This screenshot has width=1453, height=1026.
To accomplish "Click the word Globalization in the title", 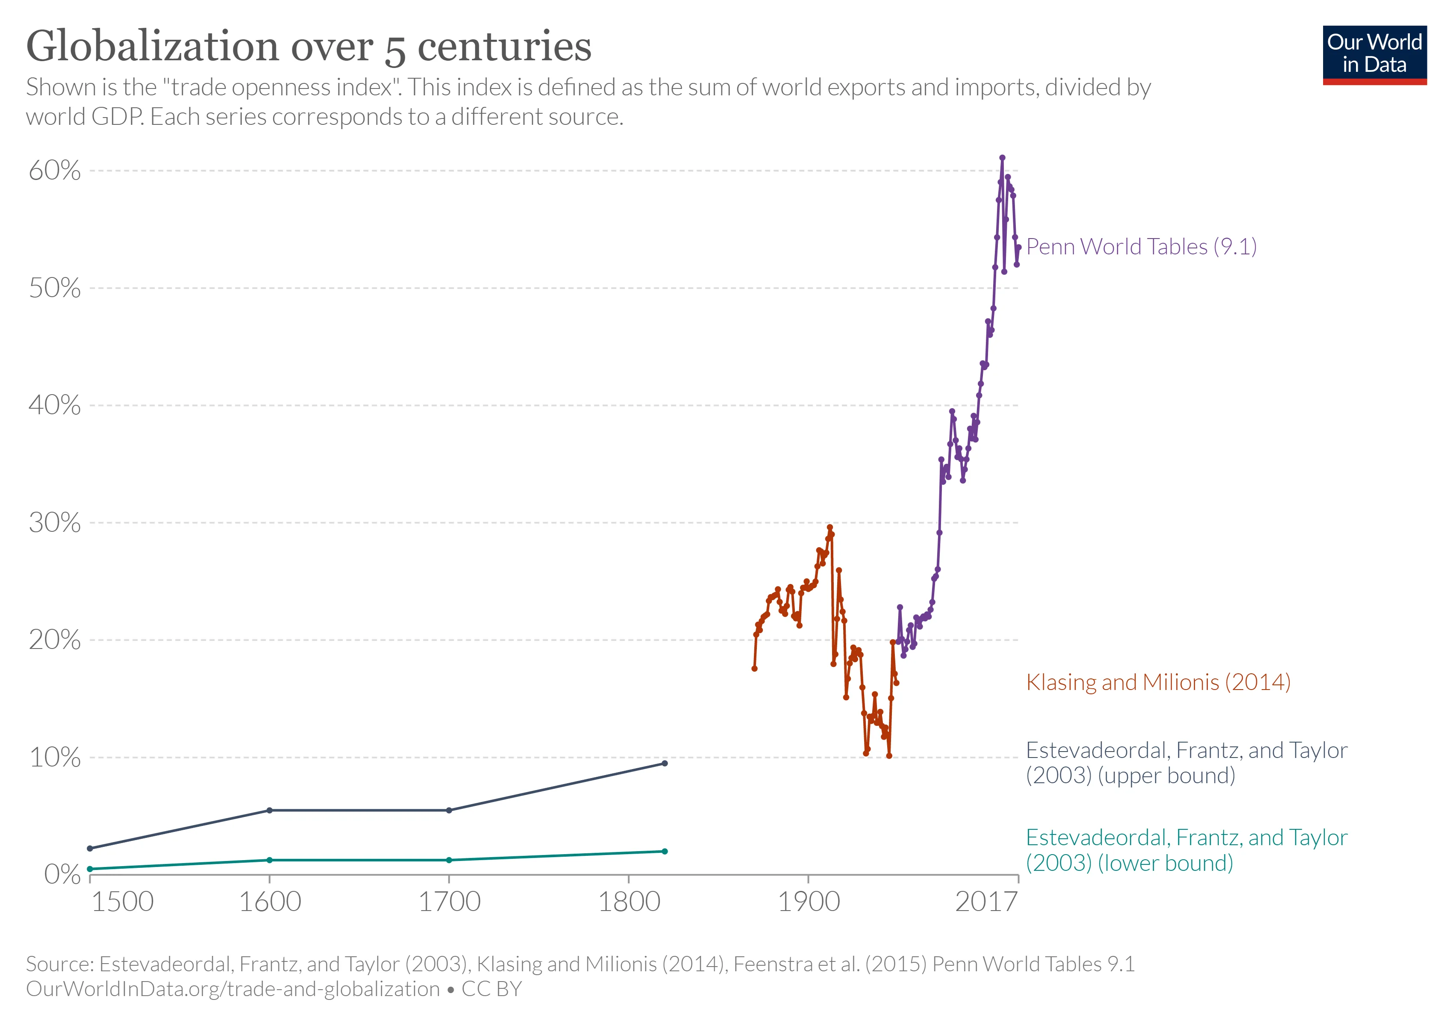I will pos(152,47).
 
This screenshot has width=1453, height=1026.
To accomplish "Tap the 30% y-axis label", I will pos(55,523).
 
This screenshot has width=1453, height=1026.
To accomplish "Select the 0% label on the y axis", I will pos(62,874).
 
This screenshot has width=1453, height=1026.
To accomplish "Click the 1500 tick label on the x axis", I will pos(122,901).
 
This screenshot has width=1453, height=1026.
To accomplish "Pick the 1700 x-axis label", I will pos(449,901).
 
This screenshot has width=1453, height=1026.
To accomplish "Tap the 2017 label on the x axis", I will pos(986,901).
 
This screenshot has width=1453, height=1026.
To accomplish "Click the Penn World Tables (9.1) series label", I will pos(1141,246).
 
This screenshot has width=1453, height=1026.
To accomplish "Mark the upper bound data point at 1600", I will pos(270,810).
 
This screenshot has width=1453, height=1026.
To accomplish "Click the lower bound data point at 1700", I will pos(449,860).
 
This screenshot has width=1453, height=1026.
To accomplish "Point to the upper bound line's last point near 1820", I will pos(665,764).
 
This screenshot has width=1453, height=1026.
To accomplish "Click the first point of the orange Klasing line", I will pos(754,668).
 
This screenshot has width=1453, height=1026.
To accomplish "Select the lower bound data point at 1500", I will pos(90,869).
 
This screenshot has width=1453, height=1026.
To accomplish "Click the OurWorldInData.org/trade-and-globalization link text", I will pos(233,989).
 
